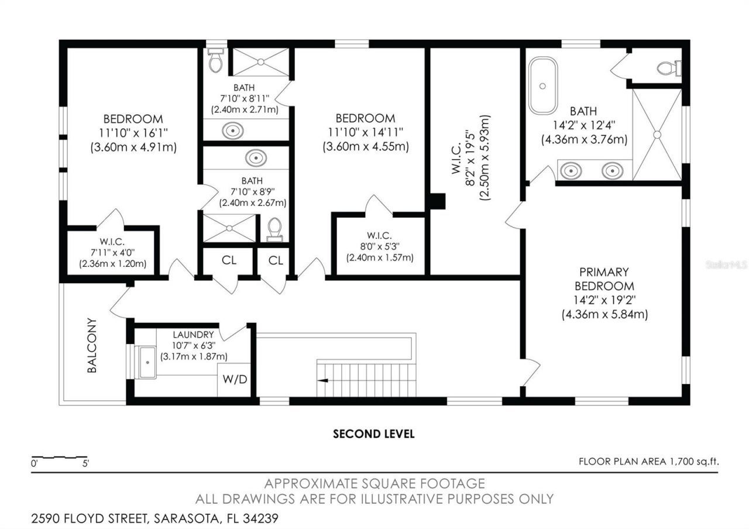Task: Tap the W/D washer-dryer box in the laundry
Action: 235,379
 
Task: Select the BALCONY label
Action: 92,345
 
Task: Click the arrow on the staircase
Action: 322,380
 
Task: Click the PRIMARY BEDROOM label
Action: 604,279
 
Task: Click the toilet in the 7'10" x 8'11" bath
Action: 216,60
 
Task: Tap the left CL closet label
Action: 229,260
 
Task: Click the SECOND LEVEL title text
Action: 373,434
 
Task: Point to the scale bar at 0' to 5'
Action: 59,457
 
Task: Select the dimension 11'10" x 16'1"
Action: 133,133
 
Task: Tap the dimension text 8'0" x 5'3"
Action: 380,246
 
